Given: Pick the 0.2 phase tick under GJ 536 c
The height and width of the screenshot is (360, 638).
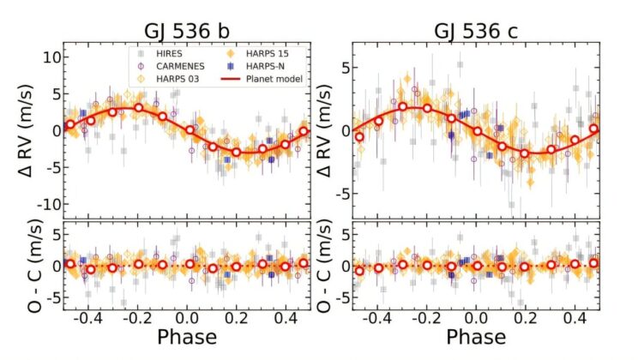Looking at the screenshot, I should click(x=524, y=315).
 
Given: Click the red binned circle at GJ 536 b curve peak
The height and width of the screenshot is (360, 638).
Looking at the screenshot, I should click(x=138, y=108).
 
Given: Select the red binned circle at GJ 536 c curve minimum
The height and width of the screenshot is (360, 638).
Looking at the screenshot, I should click(x=525, y=153).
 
